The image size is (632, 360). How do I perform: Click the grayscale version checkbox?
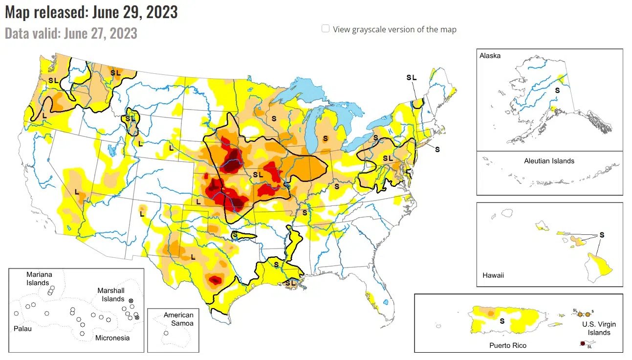coord(326,29)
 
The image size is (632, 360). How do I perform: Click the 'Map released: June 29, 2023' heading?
coord(91,12)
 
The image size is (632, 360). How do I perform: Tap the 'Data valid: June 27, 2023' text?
coord(71,33)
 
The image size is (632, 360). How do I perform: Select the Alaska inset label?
coord(490,56)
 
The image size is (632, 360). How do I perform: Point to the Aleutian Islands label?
coord(549,161)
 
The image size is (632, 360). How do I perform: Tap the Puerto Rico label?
coord(508,345)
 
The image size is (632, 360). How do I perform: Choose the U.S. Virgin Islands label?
coord(599,328)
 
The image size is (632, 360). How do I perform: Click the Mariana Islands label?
coord(38,279)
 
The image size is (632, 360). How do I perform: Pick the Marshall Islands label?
coord(110,295)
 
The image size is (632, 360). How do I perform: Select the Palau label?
coord(22,329)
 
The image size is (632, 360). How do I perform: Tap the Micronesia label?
coord(112,338)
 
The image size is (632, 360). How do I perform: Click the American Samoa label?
coord(178,319)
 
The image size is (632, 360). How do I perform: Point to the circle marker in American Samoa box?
coord(166,333)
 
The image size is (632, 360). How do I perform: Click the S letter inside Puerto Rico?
coord(501,321)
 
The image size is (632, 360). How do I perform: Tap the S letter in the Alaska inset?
coord(557,90)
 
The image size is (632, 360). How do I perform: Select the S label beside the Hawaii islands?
coord(602,235)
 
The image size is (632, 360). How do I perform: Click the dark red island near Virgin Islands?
coord(582,343)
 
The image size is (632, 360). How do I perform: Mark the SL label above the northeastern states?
coord(411,77)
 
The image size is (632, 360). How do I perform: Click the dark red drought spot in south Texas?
coord(215,280)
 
